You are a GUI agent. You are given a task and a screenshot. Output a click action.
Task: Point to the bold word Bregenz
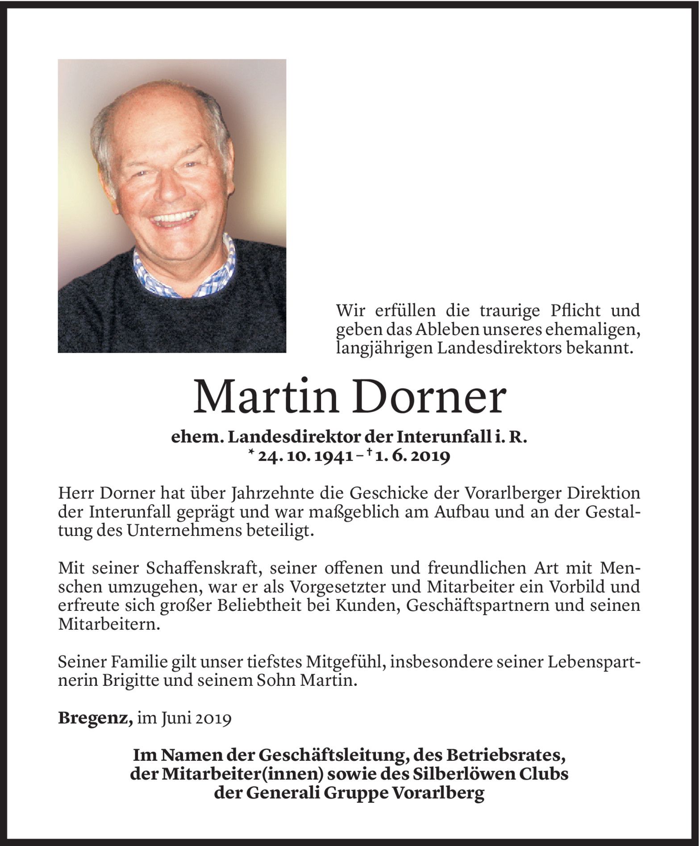click(x=95, y=718)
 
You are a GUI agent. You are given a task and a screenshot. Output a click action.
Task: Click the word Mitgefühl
click(x=337, y=663)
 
